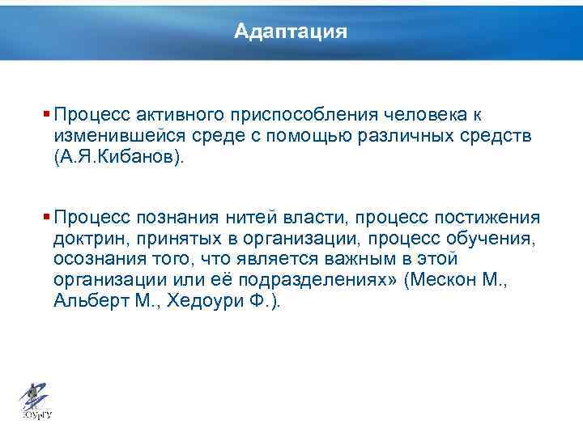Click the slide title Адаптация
(x=291, y=32)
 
